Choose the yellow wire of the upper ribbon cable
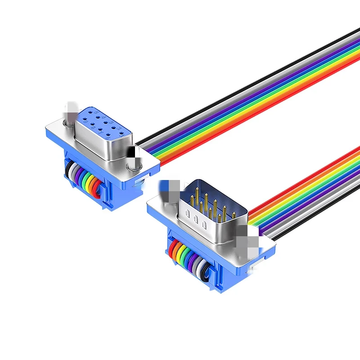point(265,102)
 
